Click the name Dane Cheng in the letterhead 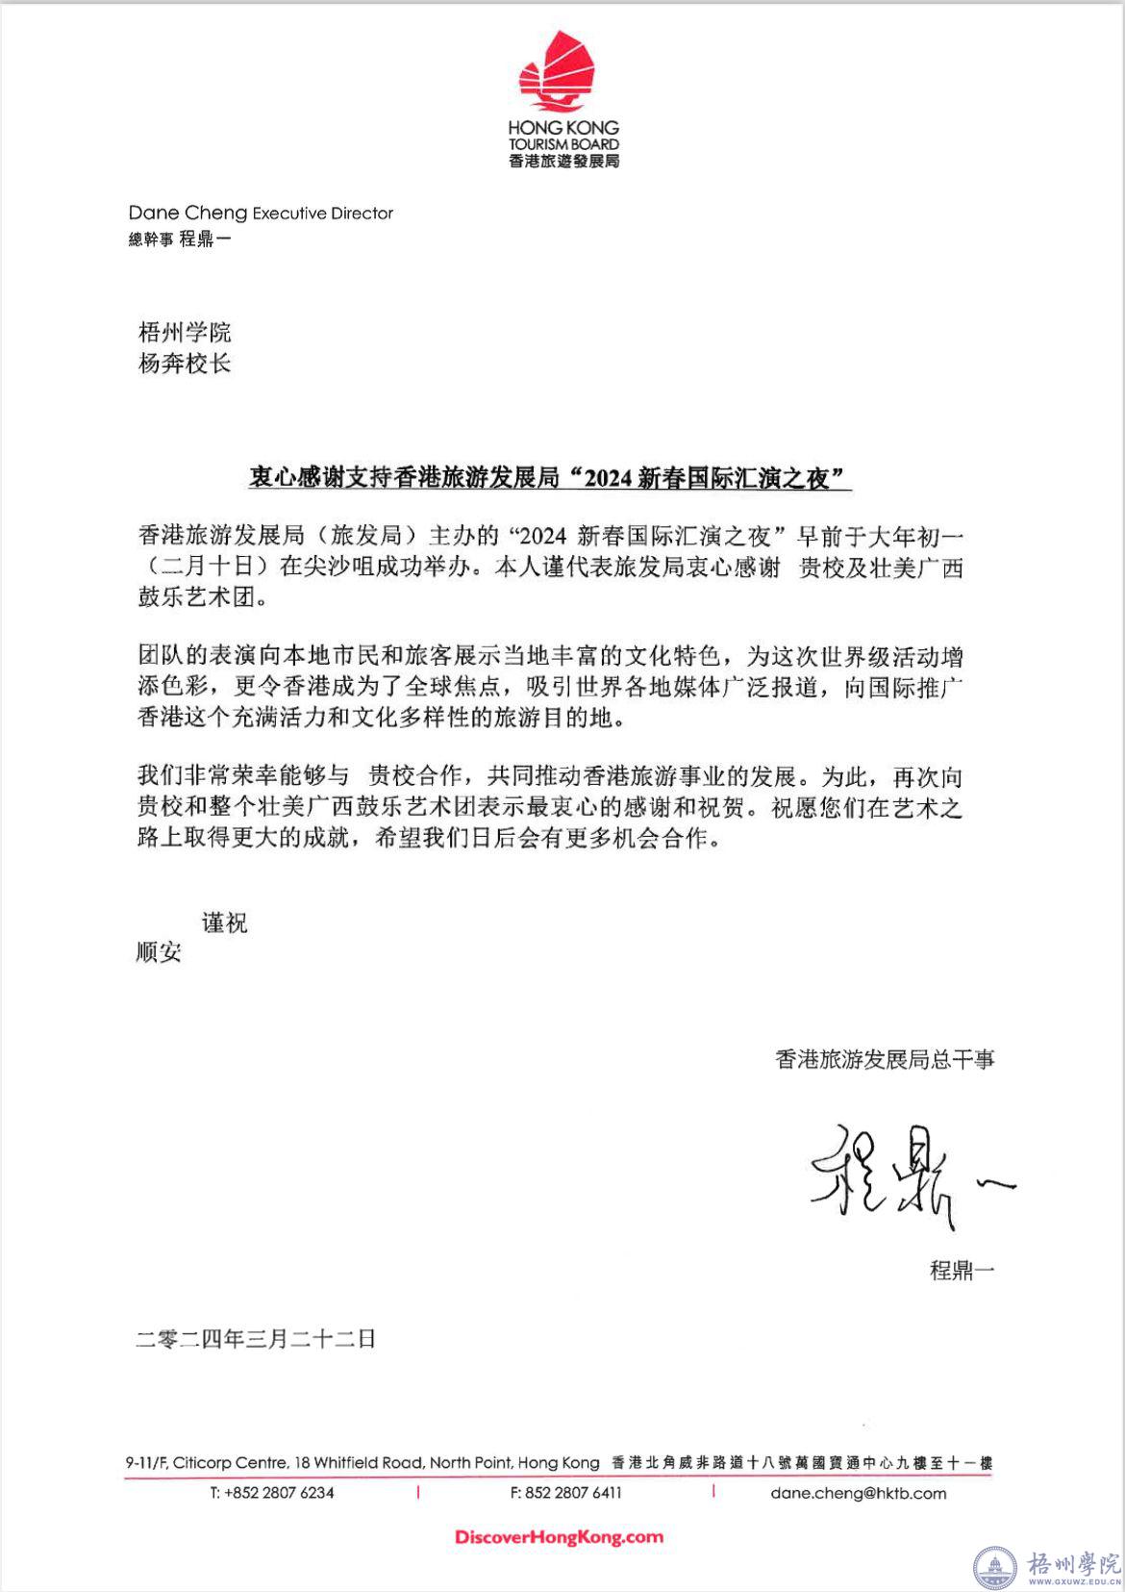(187, 213)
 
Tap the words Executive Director (322, 214)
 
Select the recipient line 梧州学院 (185, 333)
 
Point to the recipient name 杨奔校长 (185, 364)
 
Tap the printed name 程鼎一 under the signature (962, 1270)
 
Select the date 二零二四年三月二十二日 (256, 1338)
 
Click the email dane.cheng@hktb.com (858, 1493)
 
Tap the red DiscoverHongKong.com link (559, 1537)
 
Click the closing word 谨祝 (224, 922)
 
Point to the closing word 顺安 (159, 952)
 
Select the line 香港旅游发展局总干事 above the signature (885, 1059)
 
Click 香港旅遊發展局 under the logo (563, 161)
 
